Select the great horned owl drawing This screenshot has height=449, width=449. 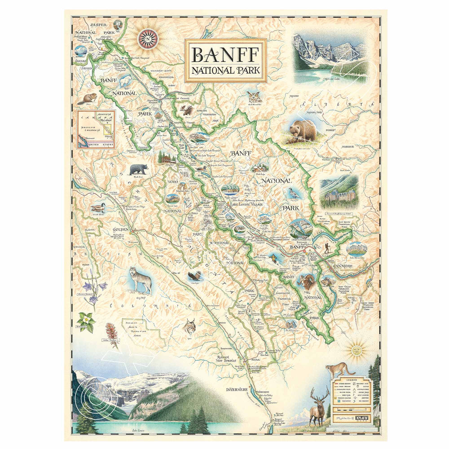(x=254, y=97)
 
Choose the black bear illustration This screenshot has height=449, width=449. (x=138, y=169)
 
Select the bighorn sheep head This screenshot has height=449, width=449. (x=309, y=282)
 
